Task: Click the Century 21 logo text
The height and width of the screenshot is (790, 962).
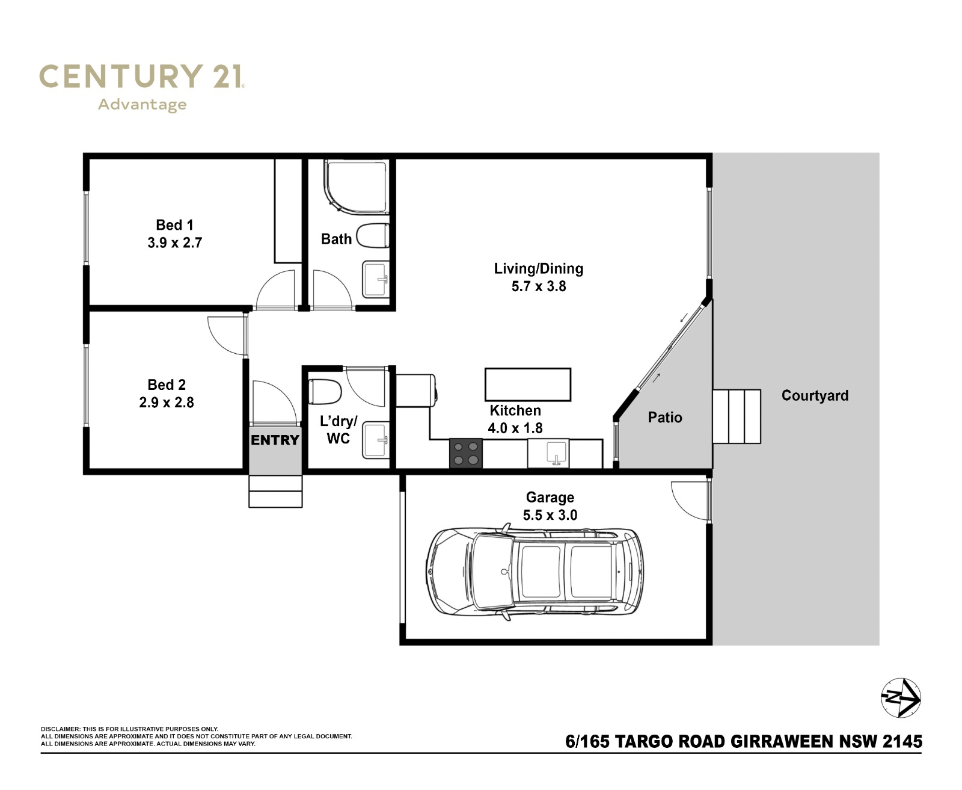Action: [x=142, y=76]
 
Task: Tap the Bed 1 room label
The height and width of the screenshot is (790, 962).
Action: [x=175, y=225]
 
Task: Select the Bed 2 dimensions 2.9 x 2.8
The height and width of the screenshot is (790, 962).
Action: [x=167, y=403]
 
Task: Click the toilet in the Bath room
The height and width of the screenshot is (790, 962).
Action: [x=372, y=235]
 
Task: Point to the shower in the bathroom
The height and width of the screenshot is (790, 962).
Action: [x=357, y=187]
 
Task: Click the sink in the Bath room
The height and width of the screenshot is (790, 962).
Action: [x=376, y=279]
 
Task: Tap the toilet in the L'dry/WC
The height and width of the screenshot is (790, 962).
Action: [x=325, y=392]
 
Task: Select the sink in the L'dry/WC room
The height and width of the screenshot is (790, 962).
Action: [x=376, y=440]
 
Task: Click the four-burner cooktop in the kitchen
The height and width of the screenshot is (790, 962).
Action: [x=466, y=454]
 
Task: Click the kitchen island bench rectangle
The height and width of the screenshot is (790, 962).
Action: [x=528, y=384]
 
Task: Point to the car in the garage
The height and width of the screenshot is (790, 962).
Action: [x=535, y=572]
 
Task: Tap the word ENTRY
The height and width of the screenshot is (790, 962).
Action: [x=275, y=440]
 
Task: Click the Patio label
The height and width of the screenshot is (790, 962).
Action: [x=665, y=418]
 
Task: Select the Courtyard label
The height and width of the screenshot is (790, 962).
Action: [x=815, y=396]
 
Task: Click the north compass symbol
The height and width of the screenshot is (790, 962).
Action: [x=901, y=698]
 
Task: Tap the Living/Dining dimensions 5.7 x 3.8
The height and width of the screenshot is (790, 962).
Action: [x=539, y=286]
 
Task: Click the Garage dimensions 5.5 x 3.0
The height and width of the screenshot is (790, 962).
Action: [x=550, y=515]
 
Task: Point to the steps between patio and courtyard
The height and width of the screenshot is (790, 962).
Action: [x=737, y=416]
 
